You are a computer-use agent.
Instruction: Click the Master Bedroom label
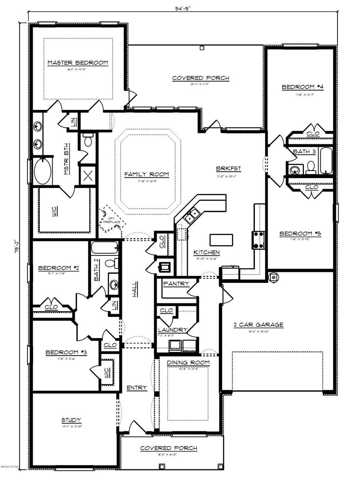click(x=78, y=63)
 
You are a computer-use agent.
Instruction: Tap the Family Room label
click(x=146, y=174)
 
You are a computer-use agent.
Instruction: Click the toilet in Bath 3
click(x=311, y=166)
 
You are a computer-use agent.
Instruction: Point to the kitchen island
click(x=221, y=239)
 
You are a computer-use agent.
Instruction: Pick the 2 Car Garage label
click(x=258, y=325)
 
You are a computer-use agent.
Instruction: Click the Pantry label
click(x=176, y=283)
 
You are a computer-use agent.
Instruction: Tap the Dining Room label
click(x=189, y=362)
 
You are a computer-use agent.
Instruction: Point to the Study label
click(x=71, y=420)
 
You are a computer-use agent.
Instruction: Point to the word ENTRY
click(x=137, y=388)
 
